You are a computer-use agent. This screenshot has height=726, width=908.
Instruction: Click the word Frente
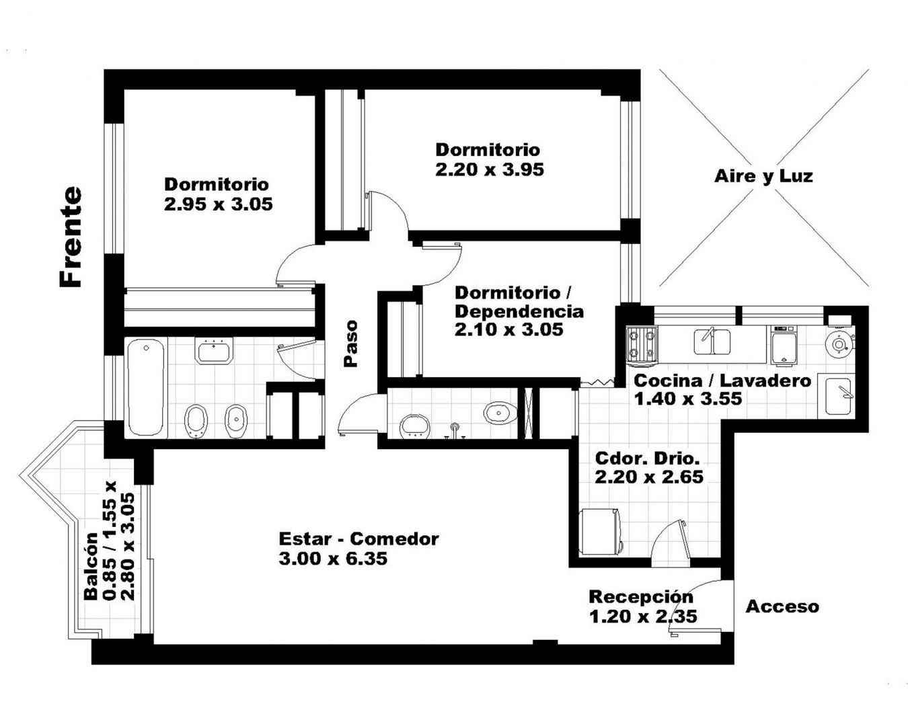71,237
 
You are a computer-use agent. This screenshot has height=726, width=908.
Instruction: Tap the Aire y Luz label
763,176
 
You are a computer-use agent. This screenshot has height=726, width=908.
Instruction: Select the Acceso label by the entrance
783,606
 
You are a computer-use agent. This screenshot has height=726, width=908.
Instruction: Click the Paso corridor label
350,344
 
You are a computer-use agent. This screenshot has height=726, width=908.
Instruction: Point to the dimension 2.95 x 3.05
219,204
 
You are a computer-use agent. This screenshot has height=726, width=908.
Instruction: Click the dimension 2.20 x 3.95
490,170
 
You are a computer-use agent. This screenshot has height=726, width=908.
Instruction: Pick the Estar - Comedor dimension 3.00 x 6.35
333,559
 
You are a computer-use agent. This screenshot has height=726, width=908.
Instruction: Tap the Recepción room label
641,597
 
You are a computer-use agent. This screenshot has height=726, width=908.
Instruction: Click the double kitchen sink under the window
712,342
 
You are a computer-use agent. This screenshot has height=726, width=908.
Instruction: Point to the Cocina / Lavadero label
722,381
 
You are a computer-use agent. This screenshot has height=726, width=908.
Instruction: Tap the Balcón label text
91,566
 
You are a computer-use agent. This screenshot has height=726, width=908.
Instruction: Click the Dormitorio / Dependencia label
519,302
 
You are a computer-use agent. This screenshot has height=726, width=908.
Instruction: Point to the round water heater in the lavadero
839,344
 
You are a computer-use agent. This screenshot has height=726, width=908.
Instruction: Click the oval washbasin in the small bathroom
500,412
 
